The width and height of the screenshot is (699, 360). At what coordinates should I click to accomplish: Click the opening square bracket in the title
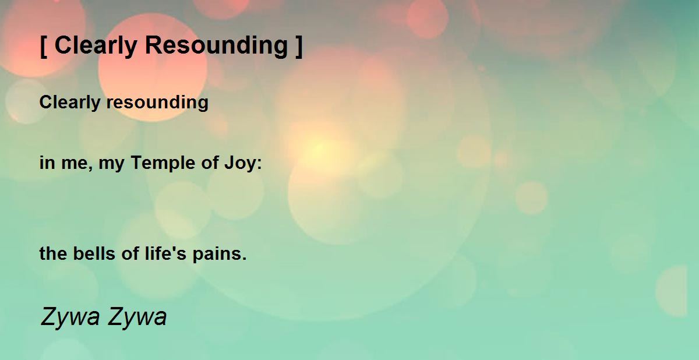click(44, 46)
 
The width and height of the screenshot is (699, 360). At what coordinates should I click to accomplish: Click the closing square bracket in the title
click(299, 46)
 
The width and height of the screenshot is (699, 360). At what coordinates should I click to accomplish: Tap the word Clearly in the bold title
click(96, 46)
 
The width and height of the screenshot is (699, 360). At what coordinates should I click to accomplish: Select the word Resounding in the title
click(216, 46)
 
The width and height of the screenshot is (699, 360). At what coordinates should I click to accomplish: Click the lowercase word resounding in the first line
click(157, 103)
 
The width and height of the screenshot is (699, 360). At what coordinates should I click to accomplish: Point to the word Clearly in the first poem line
click(69, 103)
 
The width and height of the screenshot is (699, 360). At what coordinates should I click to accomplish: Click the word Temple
click(163, 163)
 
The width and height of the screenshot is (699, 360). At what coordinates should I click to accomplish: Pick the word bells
click(94, 253)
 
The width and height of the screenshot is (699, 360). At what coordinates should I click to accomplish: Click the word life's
click(165, 253)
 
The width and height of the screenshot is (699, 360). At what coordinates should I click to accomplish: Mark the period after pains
click(244, 259)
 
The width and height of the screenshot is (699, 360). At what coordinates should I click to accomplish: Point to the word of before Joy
click(209, 163)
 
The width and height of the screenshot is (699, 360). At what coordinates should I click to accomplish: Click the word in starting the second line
click(47, 163)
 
